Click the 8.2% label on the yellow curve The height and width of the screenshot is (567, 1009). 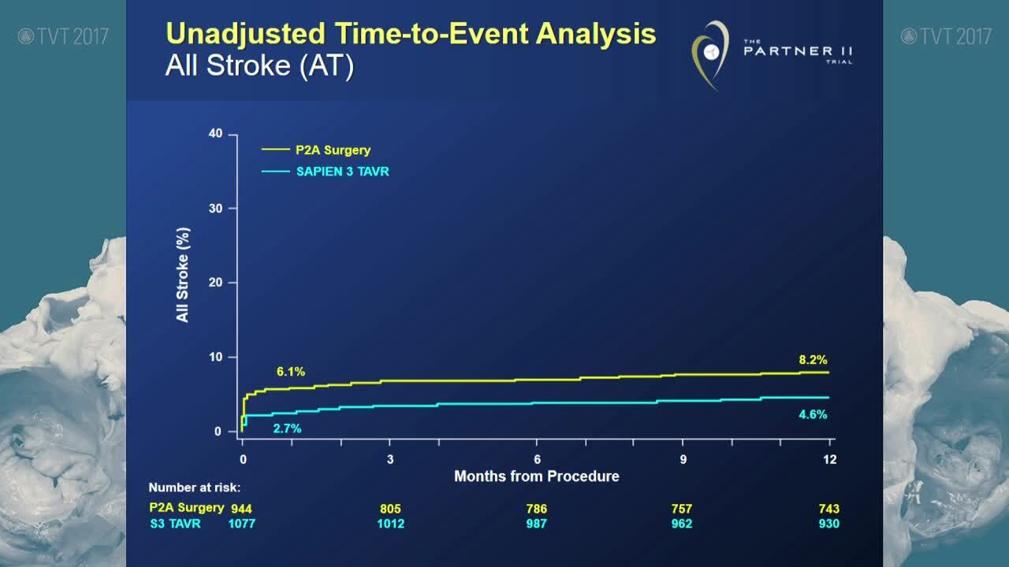pos(813,360)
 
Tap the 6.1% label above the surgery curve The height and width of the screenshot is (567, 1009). pos(290,371)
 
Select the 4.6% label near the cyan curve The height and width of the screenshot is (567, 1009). pos(813,414)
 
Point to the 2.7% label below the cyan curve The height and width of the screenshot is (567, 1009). pos(287,428)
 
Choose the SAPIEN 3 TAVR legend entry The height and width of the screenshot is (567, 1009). pos(342,171)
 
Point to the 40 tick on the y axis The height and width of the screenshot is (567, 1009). pos(215,134)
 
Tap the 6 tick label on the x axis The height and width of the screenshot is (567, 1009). pos(537,460)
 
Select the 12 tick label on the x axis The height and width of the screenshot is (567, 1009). pos(829,460)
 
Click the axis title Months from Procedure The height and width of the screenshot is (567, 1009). pos(536,476)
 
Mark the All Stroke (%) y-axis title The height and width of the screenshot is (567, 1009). pos(183,275)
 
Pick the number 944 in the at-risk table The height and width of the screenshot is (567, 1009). pos(241,509)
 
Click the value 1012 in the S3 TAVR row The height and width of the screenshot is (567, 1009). pos(390,523)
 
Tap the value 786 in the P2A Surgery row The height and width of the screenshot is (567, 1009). pos(537,509)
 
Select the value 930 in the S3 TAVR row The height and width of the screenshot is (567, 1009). pos(828,523)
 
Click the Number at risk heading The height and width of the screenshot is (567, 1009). pos(195,487)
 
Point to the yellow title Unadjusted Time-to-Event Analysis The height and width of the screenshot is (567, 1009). pos(411,34)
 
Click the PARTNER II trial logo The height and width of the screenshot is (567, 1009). pos(773,54)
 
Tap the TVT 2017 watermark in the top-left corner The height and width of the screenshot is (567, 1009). pos(63,35)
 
